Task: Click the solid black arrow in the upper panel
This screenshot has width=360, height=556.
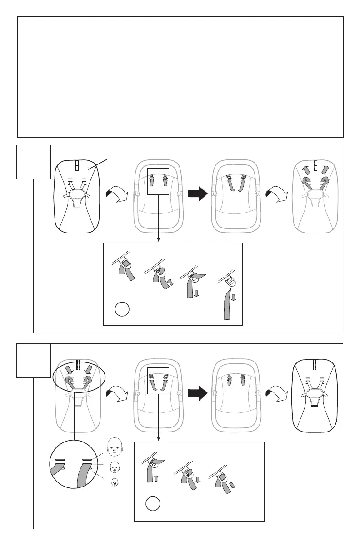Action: [x=197, y=194]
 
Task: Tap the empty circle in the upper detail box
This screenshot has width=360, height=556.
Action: [x=122, y=310]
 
